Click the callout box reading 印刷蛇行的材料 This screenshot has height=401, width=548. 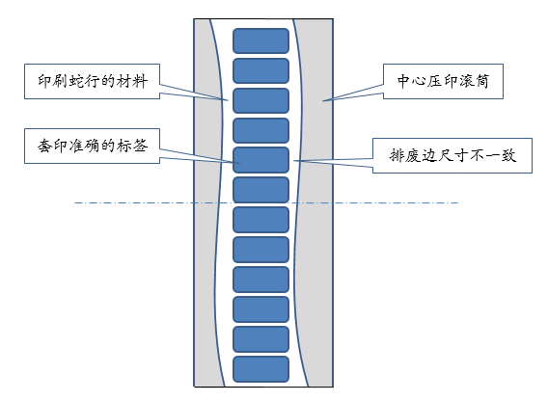(x=92, y=81)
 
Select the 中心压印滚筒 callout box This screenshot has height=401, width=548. (x=443, y=81)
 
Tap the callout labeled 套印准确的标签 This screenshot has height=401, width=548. (x=92, y=146)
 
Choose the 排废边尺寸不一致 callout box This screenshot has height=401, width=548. (x=452, y=155)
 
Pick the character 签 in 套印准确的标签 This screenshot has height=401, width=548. (x=140, y=146)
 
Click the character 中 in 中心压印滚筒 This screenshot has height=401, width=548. (x=404, y=81)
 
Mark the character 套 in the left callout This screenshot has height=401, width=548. (x=44, y=146)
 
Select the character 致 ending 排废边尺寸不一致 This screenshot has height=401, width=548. (x=508, y=155)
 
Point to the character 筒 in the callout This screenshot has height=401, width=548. (x=481, y=81)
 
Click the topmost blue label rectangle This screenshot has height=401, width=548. (x=261, y=40)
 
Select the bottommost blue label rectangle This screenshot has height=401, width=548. (x=261, y=369)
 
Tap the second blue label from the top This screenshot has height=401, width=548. (x=261, y=71)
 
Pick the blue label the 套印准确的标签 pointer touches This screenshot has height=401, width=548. (x=261, y=160)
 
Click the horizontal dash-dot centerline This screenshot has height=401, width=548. (x=266, y=202)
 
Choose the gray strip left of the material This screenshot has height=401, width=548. (x=206, y=202)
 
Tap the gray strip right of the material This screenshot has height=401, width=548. (x=315, y=202)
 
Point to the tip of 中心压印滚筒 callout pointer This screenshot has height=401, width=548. (x=322, y=101)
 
